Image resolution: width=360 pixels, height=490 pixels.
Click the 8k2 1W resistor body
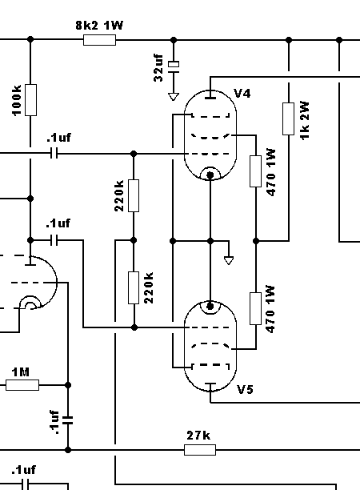(100, 40)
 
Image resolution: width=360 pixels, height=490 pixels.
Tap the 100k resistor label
(17, 100)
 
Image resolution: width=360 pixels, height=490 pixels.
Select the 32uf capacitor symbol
(174, 67)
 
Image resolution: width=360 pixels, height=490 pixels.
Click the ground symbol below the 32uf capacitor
(174, 97)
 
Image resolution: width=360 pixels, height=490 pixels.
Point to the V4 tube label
(242, 93)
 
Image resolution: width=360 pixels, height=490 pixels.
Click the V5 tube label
(245, 389)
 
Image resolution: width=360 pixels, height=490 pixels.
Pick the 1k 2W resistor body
(288, 118)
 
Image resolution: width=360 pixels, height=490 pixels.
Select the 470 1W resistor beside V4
(256, 171)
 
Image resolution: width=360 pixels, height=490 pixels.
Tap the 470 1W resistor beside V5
(256, 309)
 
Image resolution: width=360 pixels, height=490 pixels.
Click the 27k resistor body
(200, 450)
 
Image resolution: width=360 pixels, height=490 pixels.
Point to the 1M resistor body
(22, 385)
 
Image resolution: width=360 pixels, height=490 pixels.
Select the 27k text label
(198, 435)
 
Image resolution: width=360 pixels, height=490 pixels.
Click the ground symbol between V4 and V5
(229, 260)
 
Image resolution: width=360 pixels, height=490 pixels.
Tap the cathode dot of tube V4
(210, 175)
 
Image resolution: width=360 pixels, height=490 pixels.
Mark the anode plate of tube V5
(210, 384)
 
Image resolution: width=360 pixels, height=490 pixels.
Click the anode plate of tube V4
(210, 98)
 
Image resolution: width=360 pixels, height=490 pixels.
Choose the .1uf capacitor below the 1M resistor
(68, 420)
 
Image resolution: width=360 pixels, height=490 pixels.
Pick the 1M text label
(21, 372)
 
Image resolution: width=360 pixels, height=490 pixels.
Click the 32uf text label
(158, 68)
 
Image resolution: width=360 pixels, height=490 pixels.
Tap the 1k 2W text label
(305, 120)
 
